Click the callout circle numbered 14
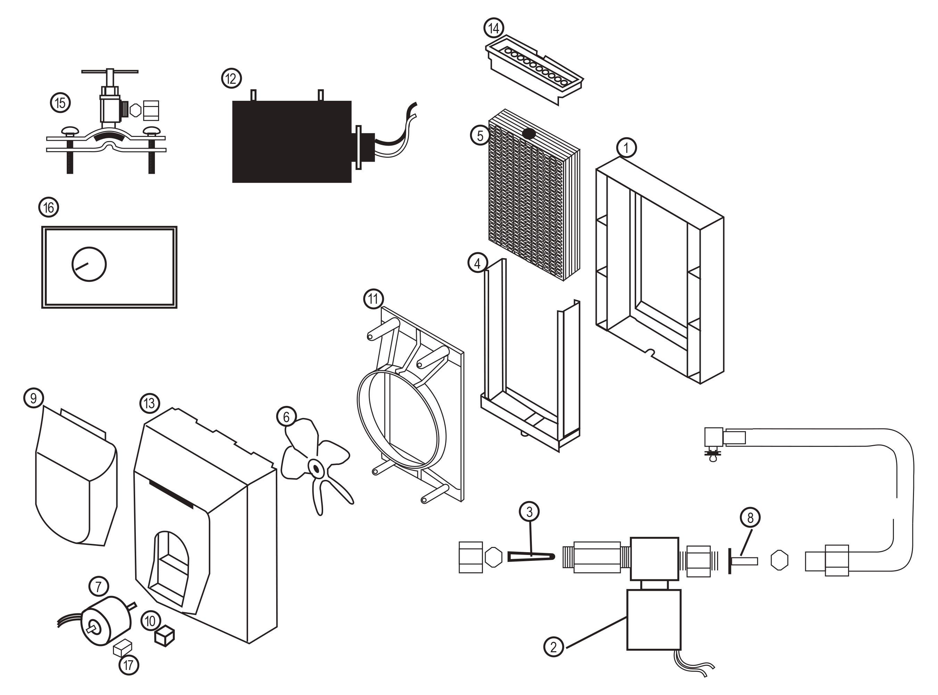(x=493, y=28)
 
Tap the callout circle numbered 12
(x=231, y=78)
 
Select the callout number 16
(x=49, y=207)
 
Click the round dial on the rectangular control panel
(x=89, y=264)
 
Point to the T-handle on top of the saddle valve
(x=110, y=72)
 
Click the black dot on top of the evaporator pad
(x=528, y=134)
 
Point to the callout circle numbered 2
(x=553, y=647)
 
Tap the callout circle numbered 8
(x=750, y=517)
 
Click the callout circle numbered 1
(x=626, y=148)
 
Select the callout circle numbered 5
(x=480, y=136)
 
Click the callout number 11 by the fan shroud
(x=373, y=299)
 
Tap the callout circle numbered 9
(x=34, y=398)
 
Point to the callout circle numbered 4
(x=477, y=263)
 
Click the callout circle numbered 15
(x=60, y=103)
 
